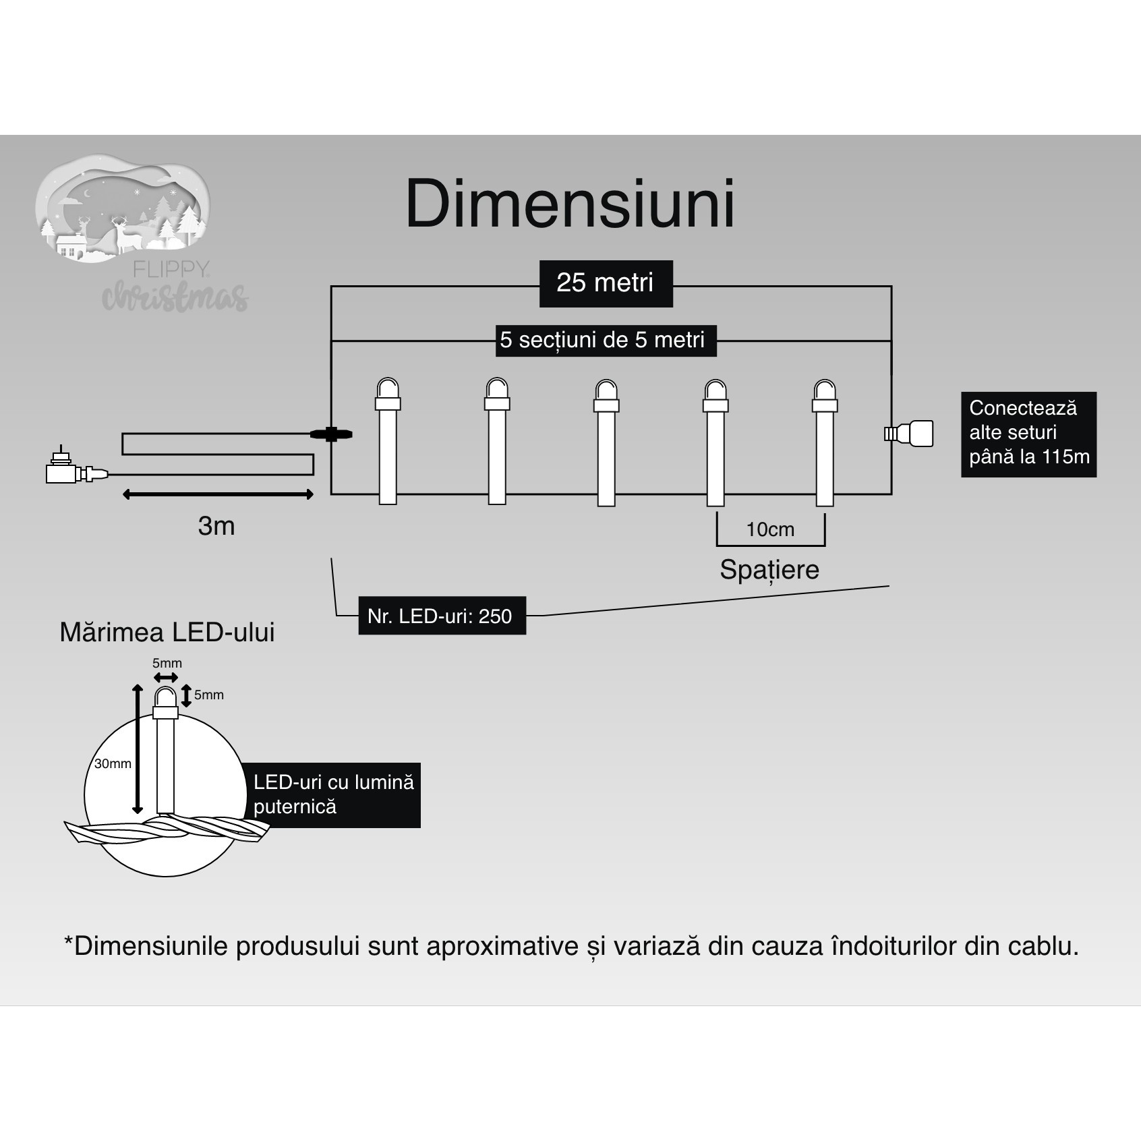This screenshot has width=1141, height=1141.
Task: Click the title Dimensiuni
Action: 570,204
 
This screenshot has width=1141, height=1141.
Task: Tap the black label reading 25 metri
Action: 606,283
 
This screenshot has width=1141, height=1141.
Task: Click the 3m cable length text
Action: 216,526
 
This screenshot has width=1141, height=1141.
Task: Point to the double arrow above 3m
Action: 218,495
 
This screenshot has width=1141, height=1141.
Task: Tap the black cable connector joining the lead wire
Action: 330,434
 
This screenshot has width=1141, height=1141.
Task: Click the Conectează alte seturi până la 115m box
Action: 1028,434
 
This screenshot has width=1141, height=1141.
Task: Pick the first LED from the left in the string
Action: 388,442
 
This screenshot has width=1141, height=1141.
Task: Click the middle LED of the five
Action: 606,442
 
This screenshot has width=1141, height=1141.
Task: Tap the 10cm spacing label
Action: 770,530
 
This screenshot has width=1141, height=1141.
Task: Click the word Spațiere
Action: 769,570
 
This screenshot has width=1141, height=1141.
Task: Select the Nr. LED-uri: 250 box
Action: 441,616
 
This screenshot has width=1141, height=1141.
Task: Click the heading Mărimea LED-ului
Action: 167,633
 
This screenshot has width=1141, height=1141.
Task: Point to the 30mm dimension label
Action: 113,763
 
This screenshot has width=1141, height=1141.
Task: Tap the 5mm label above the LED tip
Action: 167,663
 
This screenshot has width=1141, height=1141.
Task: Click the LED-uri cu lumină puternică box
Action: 333,794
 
